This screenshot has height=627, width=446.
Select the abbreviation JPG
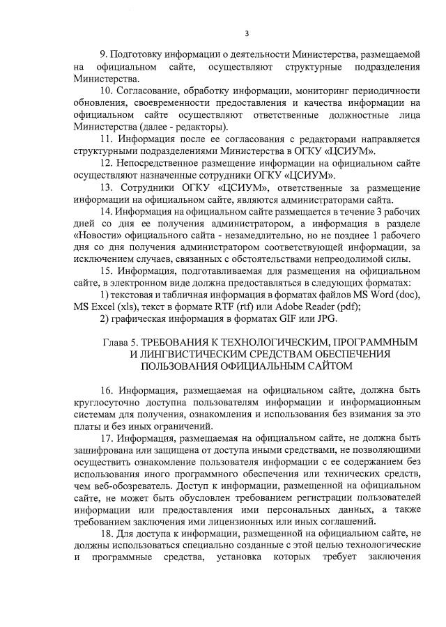click(x=325, y=319)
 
